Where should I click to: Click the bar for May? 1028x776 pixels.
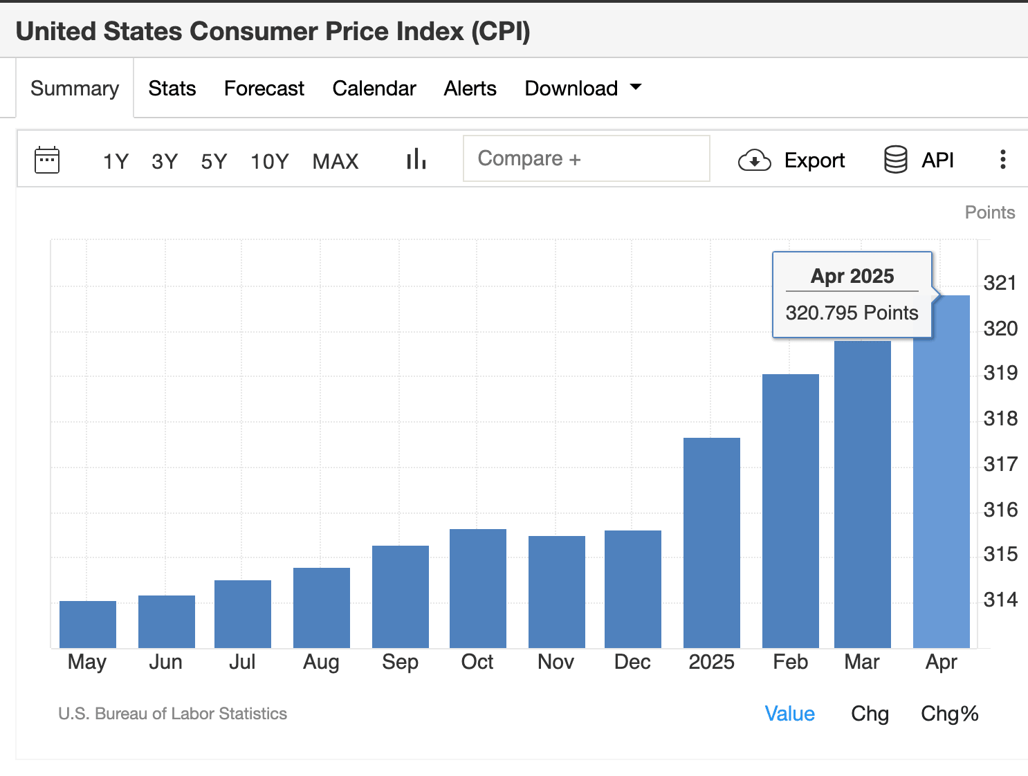(x=88, y=624)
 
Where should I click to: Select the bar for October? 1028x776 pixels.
(x=478, y=588)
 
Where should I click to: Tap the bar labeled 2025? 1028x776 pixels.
(x=712, y=543)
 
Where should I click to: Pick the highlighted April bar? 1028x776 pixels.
(x=942, y=484)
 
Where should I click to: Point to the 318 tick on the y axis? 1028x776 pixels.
(x=1000, y=418)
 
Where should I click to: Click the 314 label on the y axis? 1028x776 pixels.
(x=1000, y=600)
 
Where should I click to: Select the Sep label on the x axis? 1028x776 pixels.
(x=400, y=662)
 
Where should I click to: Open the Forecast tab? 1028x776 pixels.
(x=264, y=89)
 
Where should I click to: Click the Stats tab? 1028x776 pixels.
(x=172, y=89)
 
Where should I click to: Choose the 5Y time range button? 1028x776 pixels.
(x=214, y=161)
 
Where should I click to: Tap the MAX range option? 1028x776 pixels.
(x=336, y=161)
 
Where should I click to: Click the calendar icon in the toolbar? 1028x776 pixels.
(x=47, y=160)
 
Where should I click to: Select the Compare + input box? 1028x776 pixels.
(x=586, y=159)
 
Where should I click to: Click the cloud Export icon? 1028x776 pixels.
(x=754, y=160)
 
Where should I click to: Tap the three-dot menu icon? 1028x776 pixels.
(x=1002, y=160)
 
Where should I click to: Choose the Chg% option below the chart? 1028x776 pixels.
(x=949, y=714)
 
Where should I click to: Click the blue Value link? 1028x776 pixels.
(x=789, y=714)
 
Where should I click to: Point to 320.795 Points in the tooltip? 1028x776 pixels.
(x=852, y=313)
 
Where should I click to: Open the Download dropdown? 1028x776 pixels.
(x=582, y=89)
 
